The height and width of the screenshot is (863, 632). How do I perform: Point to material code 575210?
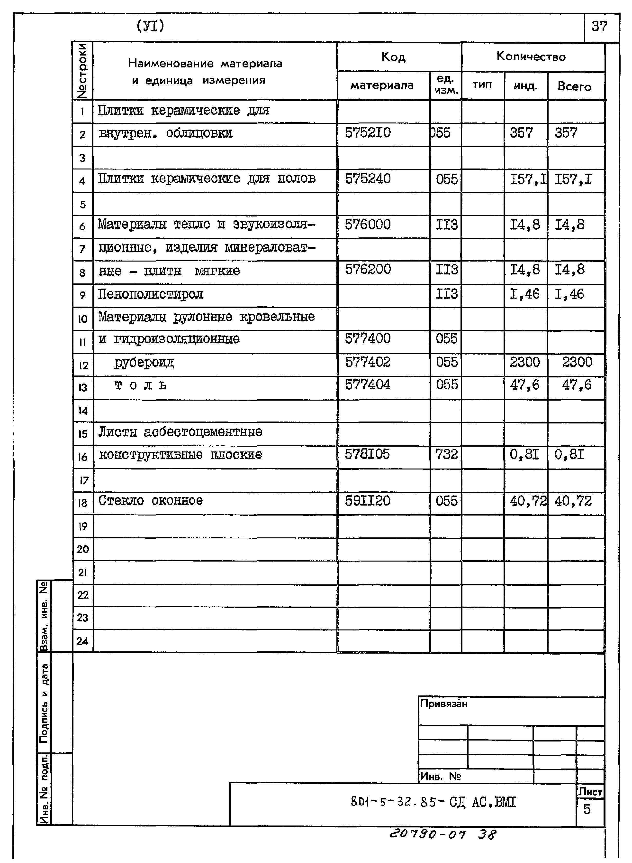click(368, 133)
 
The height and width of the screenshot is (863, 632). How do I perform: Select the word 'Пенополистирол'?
click(150, 294)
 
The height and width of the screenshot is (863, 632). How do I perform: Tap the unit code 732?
click(446, 454)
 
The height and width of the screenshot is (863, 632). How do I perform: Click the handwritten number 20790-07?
click(427, 834)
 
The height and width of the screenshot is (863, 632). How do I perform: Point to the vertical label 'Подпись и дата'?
click(44, 703)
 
